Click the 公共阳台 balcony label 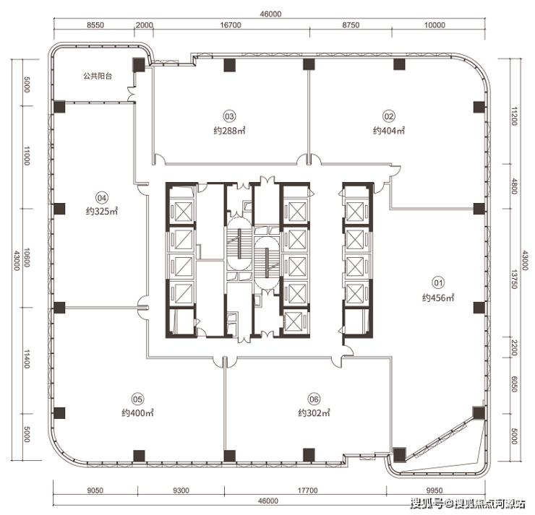pos(98,76)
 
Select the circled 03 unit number pos(229,116)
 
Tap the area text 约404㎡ pos(389,131)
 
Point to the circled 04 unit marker pos(102,198)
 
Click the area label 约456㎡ pos(438,298)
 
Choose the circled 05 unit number pos(137,399)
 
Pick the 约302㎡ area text pos(314,412)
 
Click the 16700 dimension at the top pos(231,25)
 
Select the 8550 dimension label pos(95,25)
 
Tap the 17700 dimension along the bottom pos(307,490)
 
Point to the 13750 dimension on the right pos(515,280)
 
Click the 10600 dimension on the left pos(27,258)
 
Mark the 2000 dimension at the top pos(145,25)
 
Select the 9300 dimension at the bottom pos(181,490)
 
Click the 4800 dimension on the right pos(515,186)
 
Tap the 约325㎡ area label pos(102,212)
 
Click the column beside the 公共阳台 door pos(139,64)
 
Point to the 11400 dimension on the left pos(27,359)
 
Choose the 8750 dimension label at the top pos(351,25)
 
